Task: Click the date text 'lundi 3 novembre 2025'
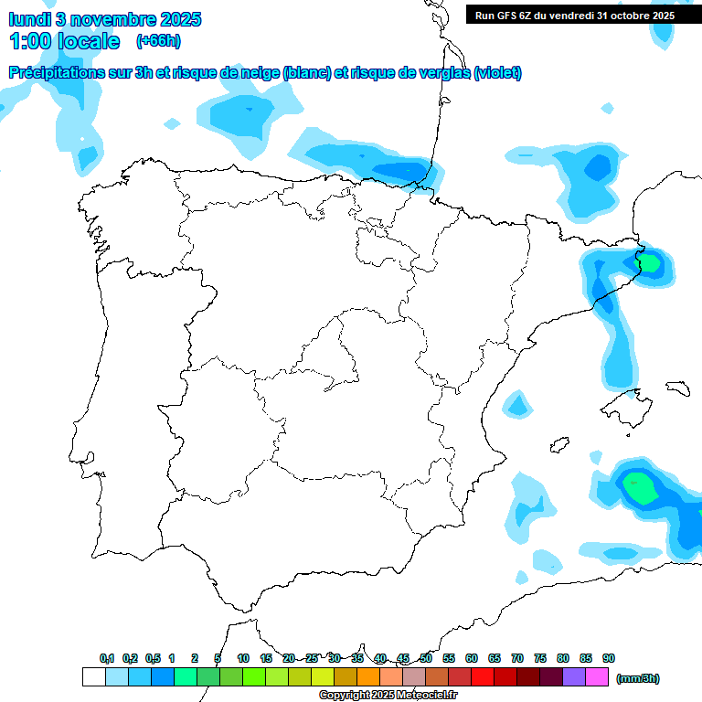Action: [x=105, y=19]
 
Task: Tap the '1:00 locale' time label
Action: [x=65, y=41]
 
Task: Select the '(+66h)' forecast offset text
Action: [x=158, y=41]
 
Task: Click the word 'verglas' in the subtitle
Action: [x=439, y=73]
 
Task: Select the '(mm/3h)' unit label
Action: [x=637, y=678]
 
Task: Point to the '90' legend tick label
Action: [x=609, y=659]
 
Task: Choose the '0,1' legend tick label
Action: [x=107, y=659]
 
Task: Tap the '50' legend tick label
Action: [x=426, y=659]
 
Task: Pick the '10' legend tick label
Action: [x=243, y=659]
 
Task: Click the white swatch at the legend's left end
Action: [x=93, y=676]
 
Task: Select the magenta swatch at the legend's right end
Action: [x=597, y=676]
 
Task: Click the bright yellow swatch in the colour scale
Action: [x=323, y=676]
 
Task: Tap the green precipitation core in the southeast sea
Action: [x=641, y=488]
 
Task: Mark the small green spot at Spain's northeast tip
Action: [x=651, y=264]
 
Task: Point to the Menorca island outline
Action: [x=677, y=388]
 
